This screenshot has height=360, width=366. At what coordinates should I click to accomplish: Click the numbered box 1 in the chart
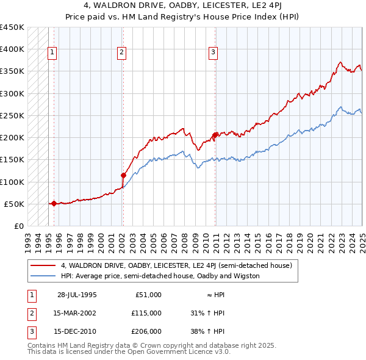[x=52, y=52]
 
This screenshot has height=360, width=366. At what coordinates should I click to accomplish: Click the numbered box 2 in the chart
[x=122, y=52]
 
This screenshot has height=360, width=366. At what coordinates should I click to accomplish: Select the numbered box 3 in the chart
[x=213, y=52]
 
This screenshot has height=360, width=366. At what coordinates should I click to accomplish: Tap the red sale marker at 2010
[x=215, y=135]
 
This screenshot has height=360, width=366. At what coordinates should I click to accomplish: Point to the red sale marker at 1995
[x=54, y=203]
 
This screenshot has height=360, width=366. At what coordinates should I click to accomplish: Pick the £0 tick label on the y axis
[x=18, y=226]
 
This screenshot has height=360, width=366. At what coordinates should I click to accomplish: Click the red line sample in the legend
[x=43, y=265]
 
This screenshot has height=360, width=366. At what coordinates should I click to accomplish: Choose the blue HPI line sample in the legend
[x=43, y=276]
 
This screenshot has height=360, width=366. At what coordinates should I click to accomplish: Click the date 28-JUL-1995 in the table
[x=77, y=295]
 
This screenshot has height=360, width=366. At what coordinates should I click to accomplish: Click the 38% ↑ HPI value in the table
[x=208, y=331]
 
